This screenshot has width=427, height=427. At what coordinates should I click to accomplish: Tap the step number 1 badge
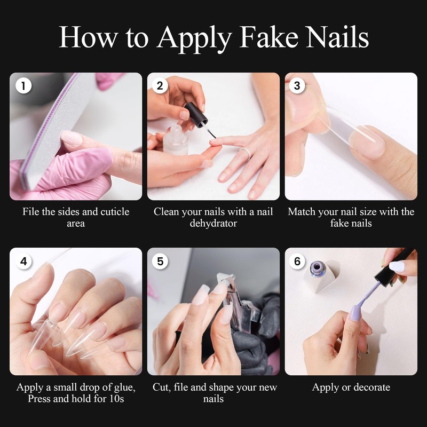point(23,85)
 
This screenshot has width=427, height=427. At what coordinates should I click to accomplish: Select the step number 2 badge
point(160,85)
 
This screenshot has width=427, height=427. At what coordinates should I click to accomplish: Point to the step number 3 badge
point(297,85)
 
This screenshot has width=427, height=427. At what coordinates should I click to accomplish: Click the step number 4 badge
point(23,261)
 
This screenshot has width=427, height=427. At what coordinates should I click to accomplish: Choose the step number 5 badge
point(160,261)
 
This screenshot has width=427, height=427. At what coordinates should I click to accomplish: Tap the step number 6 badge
point(297,261)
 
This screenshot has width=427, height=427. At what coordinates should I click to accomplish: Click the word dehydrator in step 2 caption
point(213,224)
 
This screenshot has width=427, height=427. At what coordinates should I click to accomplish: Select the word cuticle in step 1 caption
point(111,212)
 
